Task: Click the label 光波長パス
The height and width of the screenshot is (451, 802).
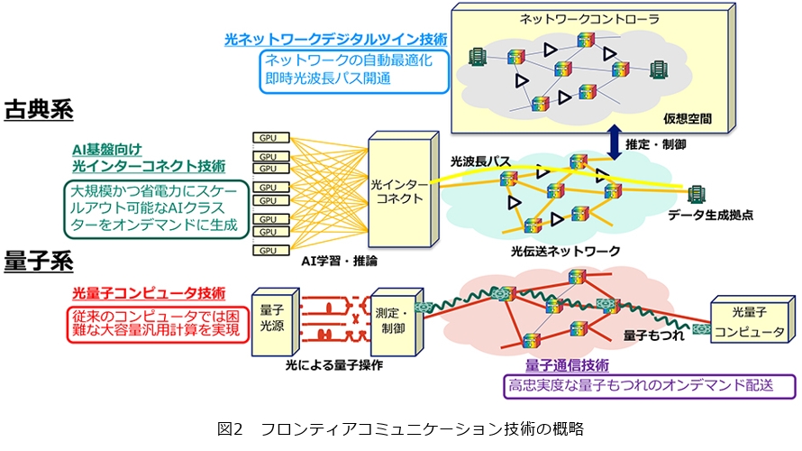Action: coord(480,161)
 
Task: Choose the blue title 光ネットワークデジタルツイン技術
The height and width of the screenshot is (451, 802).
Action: coord(335,40)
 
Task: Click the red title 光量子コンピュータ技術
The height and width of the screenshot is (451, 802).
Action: coord(148,293)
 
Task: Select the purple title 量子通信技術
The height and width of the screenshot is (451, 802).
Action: coord(566,366)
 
